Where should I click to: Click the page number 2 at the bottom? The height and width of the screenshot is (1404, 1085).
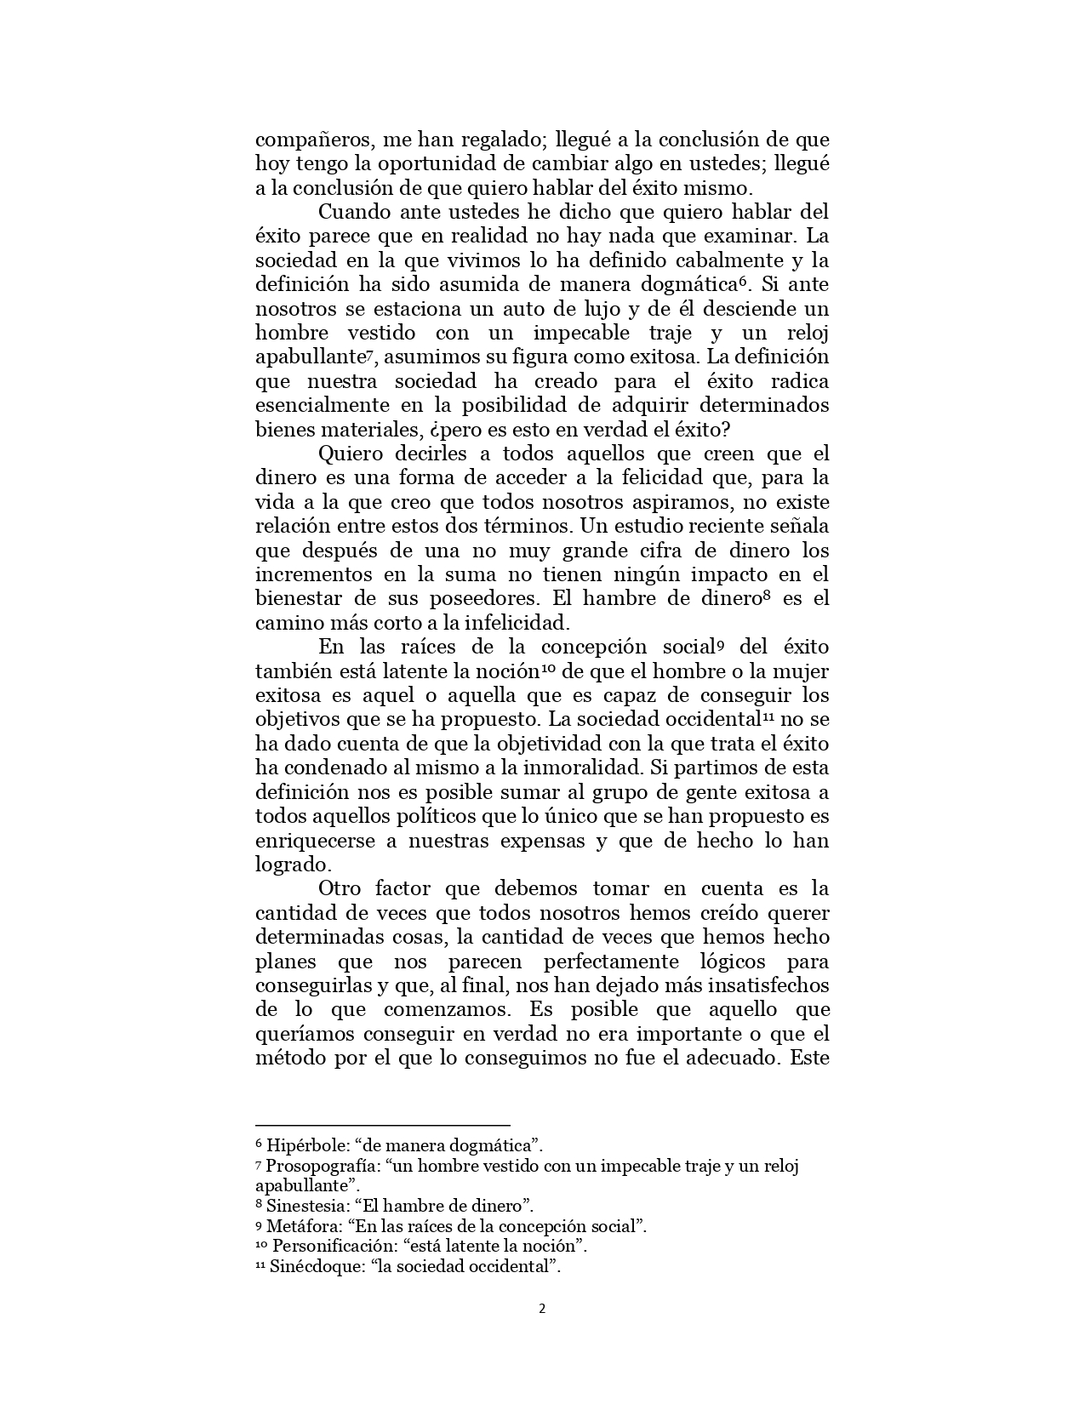pos(542,1309)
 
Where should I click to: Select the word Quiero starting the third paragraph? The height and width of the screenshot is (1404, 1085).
pos(351,454)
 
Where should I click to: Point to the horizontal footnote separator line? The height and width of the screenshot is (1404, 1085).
pos(382,1125)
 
